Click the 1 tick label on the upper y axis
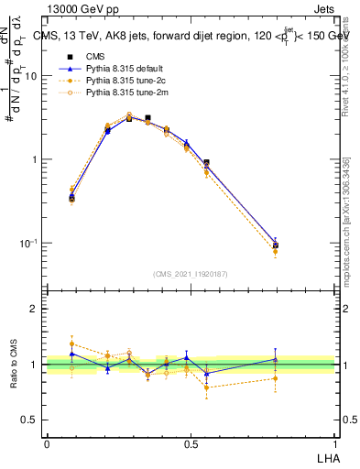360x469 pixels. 37,159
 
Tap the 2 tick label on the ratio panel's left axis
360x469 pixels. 37,309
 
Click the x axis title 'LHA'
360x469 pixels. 326,456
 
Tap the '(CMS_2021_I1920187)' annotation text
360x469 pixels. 191,273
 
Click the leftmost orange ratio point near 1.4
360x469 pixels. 72,344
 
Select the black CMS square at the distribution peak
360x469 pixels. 147,118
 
